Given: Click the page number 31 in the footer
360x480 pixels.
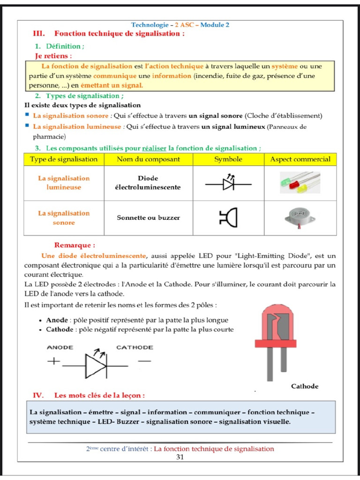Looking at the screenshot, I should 180,457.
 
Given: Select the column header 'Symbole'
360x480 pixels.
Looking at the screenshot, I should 228,159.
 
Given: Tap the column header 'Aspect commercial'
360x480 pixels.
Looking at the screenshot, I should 300,159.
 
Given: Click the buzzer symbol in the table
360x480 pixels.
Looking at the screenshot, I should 228,217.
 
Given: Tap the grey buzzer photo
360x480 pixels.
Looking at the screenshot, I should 300,217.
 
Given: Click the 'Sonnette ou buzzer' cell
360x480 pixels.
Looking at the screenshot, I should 148,217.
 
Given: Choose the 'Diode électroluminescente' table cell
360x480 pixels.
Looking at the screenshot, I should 148,183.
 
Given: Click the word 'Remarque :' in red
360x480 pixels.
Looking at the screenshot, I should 75,245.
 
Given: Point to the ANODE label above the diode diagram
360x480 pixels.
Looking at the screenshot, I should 60,347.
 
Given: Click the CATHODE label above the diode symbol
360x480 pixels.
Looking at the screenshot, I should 135,347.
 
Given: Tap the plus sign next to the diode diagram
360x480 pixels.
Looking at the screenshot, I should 54,361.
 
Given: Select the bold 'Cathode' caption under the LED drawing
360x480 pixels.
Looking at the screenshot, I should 305,386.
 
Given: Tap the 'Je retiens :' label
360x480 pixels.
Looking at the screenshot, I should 54,55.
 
